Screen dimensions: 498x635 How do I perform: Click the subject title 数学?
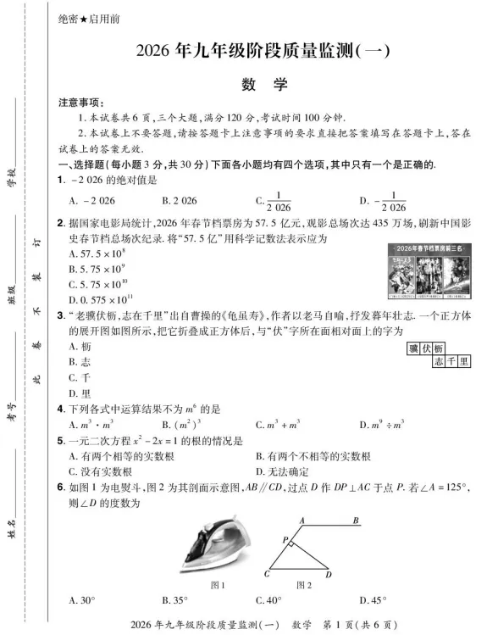pos(264,85)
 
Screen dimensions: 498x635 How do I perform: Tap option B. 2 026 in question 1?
pos(179,201)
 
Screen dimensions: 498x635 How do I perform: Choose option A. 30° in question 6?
pos(82,600)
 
